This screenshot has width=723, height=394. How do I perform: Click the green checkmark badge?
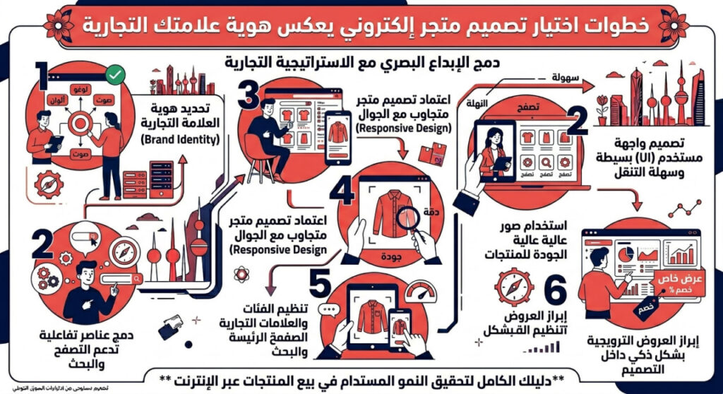(113, 74)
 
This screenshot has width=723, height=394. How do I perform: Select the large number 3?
(247, 95)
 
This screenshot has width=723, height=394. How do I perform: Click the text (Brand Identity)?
(185, 140)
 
